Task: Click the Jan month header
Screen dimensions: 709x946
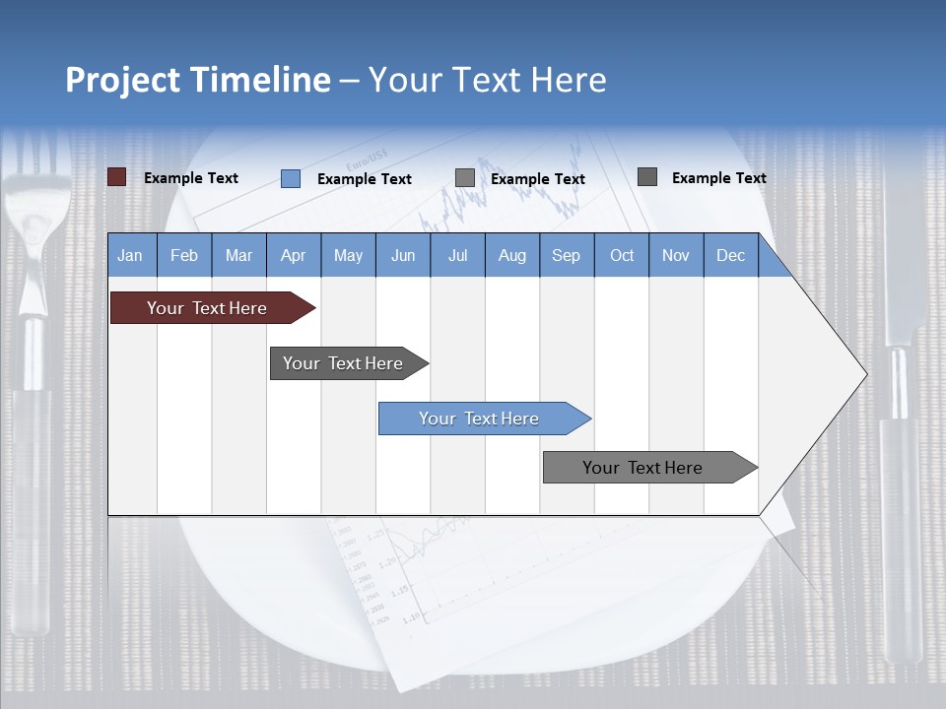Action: [131, 255]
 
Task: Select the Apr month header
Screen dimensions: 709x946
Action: [294, 255]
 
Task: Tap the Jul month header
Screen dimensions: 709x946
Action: [457, 255]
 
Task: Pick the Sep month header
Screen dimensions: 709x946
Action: [567, 255]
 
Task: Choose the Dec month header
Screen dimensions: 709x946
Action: [730, 255]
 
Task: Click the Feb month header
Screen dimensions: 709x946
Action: [184, 255]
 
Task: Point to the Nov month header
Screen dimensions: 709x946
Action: [676, 255]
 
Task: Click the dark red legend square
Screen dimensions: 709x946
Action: [116, 177]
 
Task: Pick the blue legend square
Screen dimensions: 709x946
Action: [290, 178]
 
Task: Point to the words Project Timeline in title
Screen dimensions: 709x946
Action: [197, 80]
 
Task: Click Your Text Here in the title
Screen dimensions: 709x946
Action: [487, 80]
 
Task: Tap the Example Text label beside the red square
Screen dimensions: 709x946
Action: [191, 178]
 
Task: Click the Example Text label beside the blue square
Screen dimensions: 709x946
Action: [365, 179]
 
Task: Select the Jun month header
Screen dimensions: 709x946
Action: [403, 255]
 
